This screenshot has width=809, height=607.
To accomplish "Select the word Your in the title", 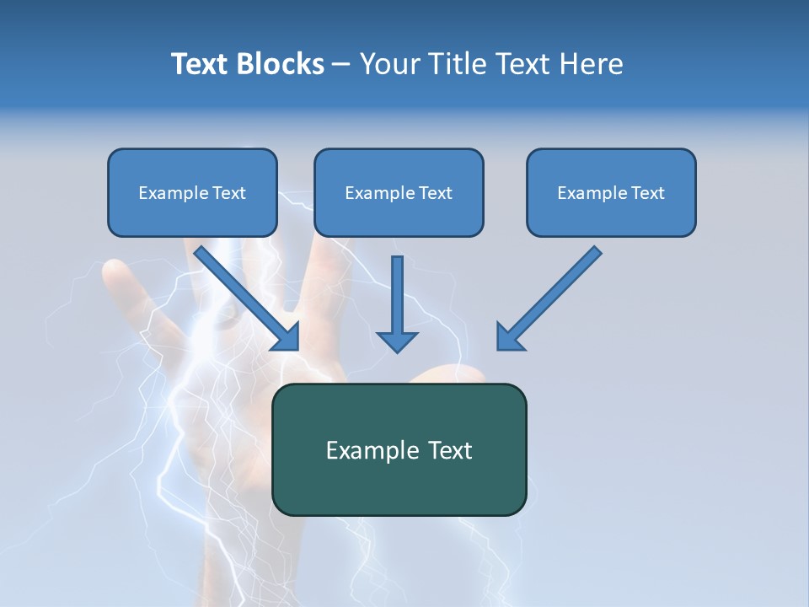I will tap(388, 64).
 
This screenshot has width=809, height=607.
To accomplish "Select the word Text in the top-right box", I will tap(647, 193).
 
